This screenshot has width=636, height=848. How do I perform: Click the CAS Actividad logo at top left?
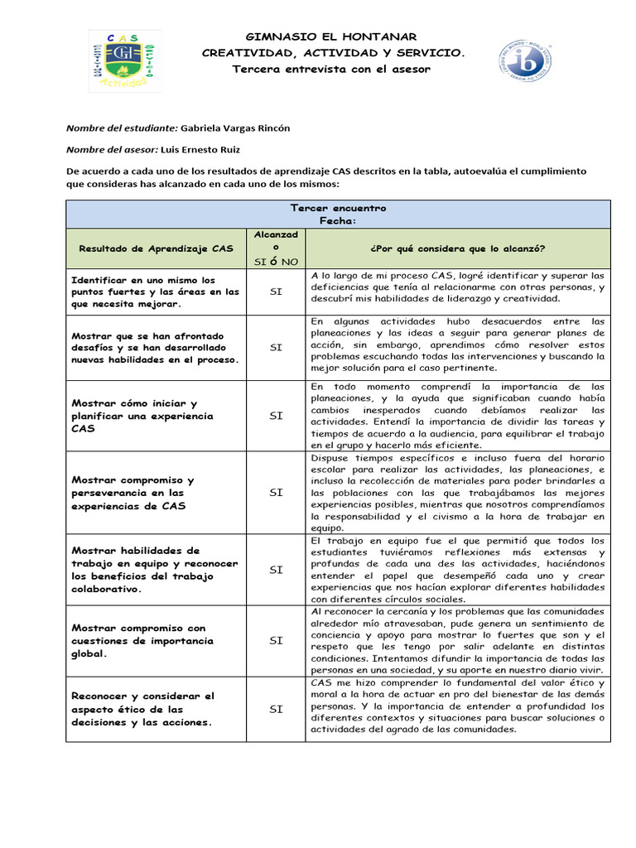click(125, 60)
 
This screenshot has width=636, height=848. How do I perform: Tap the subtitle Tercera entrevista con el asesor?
click(332, 69)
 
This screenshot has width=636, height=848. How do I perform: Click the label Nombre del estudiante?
click(121, 128)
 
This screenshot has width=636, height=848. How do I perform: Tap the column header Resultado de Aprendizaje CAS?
click(156, 248)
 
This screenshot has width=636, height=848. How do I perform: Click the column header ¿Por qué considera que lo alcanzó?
click(457, 248)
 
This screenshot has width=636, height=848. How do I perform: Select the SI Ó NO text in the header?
click(276, 262)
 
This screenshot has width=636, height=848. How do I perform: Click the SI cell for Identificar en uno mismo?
click(276, 291)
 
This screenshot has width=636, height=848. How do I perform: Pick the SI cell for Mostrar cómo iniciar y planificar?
click(276, 416)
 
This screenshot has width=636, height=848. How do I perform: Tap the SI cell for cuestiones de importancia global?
click(276, 640)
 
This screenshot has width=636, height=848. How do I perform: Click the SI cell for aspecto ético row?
click(276, 709)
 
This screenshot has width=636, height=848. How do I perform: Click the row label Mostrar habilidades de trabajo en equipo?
click(155, 570)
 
